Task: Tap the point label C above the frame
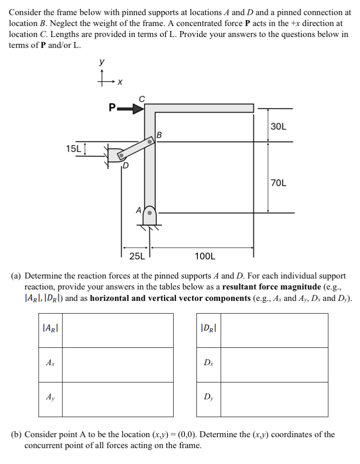pos(142,98)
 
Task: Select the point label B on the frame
pos(159,135)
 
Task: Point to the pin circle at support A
pos(149,212)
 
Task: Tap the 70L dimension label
pos(278,183)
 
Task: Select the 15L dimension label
pos(74,149)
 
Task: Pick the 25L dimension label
pos(136,256)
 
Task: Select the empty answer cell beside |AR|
pos(118,330)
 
